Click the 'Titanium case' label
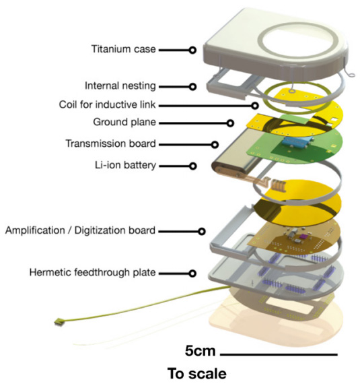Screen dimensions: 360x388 pyautogui.click(x=124, y=49)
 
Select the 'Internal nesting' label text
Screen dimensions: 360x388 pyautogui.click(x=120, y=86)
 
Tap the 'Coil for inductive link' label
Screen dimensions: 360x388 pyautogui.click(x=107, y=104)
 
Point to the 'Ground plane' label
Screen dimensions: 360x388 pyautogui.click(x=124, y=122)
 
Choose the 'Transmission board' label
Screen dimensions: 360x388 pyautogui.click(x=110, y=143)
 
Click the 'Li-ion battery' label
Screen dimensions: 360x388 pyautogui.click(x=125, y=165)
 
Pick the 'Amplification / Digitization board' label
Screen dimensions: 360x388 pyautogui.click(x=80, y=230)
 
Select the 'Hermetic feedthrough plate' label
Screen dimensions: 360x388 pyautogui.click(x=92, y=272)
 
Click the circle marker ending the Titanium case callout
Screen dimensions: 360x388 pyautogui.click(x=192, y=51)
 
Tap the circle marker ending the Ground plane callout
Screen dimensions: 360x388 pyautogui.click(x=230, y=123)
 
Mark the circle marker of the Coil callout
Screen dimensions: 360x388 pyautogui.click(x=255, y=106)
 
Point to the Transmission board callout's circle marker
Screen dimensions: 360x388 pyautogui.click(x=215, y=145)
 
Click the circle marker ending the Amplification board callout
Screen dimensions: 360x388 pyautogui.click(x=202, y=232)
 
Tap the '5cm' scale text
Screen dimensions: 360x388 pyautogui.click(x=200, y=351)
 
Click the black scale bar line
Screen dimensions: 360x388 pyautogui.click(x=279, y=354)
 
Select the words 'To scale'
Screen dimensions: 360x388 pyautogui.click(x=197, y=374)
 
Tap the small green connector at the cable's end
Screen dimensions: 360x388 pyautogui.click(x=59, y=322)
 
